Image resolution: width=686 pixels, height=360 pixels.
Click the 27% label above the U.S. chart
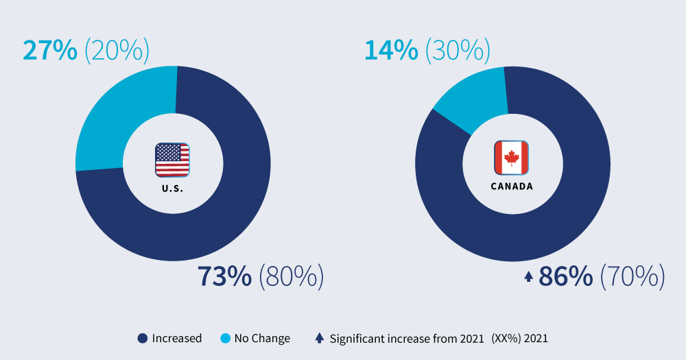click(x=49, y=51)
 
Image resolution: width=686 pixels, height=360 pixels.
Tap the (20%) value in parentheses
click(x=116, y=51)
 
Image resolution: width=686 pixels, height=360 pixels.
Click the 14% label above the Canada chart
click(x=391, y=51)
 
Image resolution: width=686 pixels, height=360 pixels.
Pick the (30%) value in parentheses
click(x=458, y=51)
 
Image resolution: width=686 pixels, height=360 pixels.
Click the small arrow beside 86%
click(x=528, y=277)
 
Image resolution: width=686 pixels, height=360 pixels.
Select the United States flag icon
click(x=172, y=160)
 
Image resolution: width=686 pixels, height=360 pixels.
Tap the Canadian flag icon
click(x=511, y=158)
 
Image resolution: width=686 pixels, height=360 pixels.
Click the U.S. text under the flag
click(x=172, y=188)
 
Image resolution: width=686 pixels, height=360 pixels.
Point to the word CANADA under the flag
click(x=511, y=186)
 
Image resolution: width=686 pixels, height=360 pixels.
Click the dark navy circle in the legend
click(x=143, y=338)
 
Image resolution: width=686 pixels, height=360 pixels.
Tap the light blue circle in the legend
click(x=225, y=338)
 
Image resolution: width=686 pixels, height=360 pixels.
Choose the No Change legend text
click(x=261, y=338)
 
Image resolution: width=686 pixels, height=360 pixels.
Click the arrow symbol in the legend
click(x=320, y=338)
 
